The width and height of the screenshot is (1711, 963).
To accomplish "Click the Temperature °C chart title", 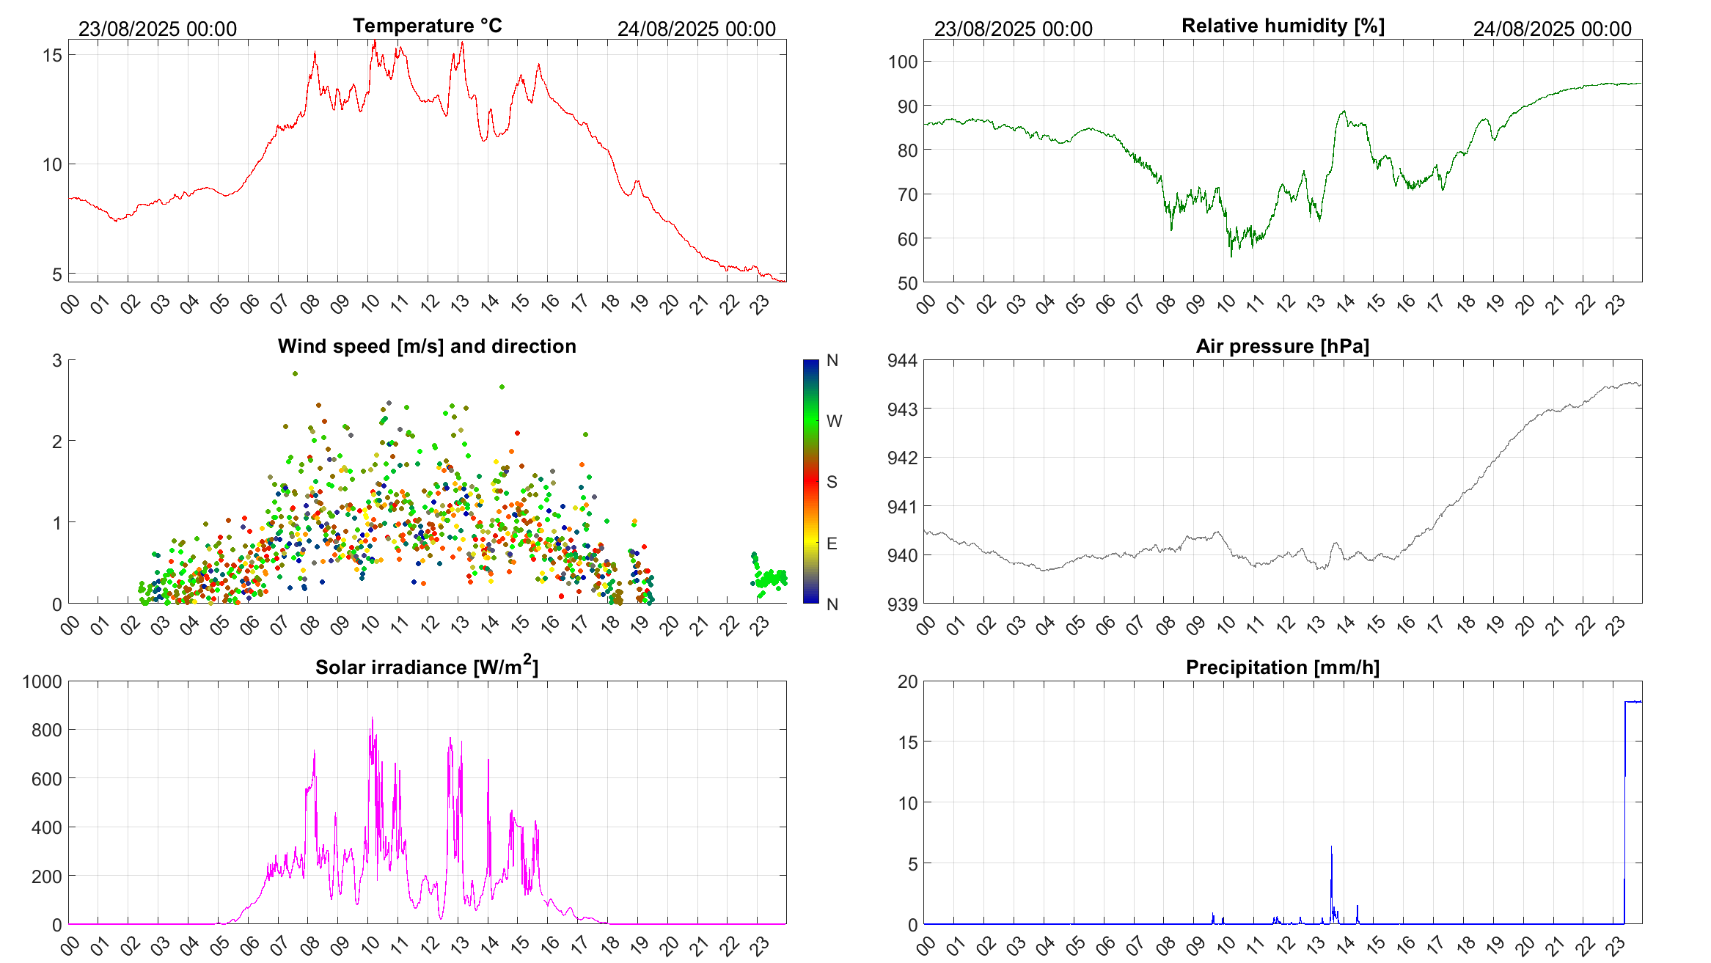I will point(427,26).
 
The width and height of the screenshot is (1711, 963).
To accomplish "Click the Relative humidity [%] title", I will point(1283,26).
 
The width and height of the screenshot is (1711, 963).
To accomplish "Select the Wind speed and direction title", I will point(427,346).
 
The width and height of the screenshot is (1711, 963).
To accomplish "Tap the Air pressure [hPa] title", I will point(1283,346).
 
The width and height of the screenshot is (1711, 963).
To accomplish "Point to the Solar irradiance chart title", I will point(427,667).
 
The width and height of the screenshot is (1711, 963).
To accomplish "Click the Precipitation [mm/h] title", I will point(1283,667).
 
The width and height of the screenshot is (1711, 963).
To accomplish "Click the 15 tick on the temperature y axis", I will point(52,55).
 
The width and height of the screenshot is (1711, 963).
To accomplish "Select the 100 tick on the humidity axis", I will point(903,62).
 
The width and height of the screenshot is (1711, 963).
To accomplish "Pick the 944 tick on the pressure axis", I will point(903,360).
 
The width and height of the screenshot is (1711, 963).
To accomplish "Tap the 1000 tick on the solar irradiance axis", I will point(43,681).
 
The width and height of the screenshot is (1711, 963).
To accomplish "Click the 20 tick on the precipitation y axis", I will point(908,681).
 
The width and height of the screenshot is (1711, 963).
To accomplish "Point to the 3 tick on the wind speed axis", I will point(57,360).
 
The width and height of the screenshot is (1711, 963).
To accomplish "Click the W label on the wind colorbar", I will point(834,421).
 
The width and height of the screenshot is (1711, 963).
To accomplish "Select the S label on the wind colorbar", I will point(832,482).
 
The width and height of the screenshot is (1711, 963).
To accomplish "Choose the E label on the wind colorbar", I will point(832,543).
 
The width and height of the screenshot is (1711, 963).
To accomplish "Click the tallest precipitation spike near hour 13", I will point(1331,848).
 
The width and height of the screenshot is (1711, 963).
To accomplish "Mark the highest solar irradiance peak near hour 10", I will point(372,719).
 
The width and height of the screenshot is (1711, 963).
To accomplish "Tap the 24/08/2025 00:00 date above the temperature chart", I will point(696,29).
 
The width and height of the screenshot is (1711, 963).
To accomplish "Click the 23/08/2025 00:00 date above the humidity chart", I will point(1013,29).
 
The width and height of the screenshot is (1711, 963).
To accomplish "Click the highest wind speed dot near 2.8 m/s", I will point(295,373).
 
